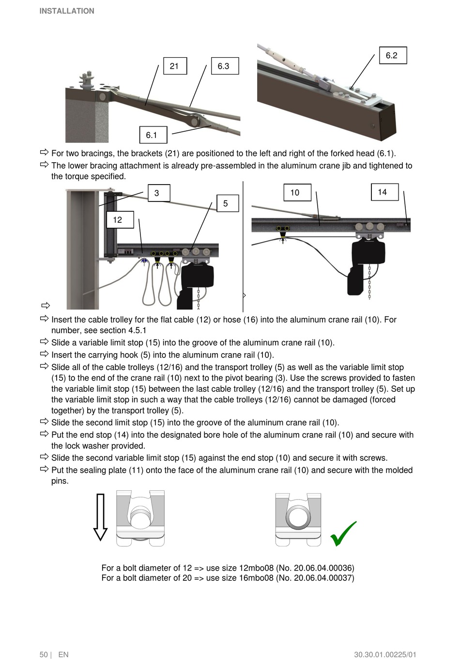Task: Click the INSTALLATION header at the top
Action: pyautogui.click(x=67, y=11)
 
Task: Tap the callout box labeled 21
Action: pyautogui.click(x=175, y=66)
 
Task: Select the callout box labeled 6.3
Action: pyautogui.click(x=225, y=66)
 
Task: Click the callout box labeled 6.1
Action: pyautogui.click(x=153, y=135)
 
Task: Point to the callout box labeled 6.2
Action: pyautogui.click(x=393, y=55)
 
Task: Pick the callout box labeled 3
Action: pyautogui.click(x=158, y=193)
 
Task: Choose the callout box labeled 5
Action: pyautogui.click(x=227, y=203)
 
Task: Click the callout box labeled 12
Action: pyautogui.click(x=120, y=219)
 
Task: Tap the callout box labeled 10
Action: pyautogui.click(x=297, y=192)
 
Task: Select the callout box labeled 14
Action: pyautogui.click(x=384, y=192)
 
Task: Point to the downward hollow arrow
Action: pyautogui.click(x=100, y=517)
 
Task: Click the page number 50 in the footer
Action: pyautogui.click(x=44, y=654)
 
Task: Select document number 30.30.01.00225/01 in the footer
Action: pyautogui.click(x=385, y=654)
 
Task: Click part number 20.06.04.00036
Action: pyautogui.click(x=322, y=568)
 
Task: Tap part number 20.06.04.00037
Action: pyautogui.click(x=322, y=578)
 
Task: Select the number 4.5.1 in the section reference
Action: pyautogui.click(x=137, y=330)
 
